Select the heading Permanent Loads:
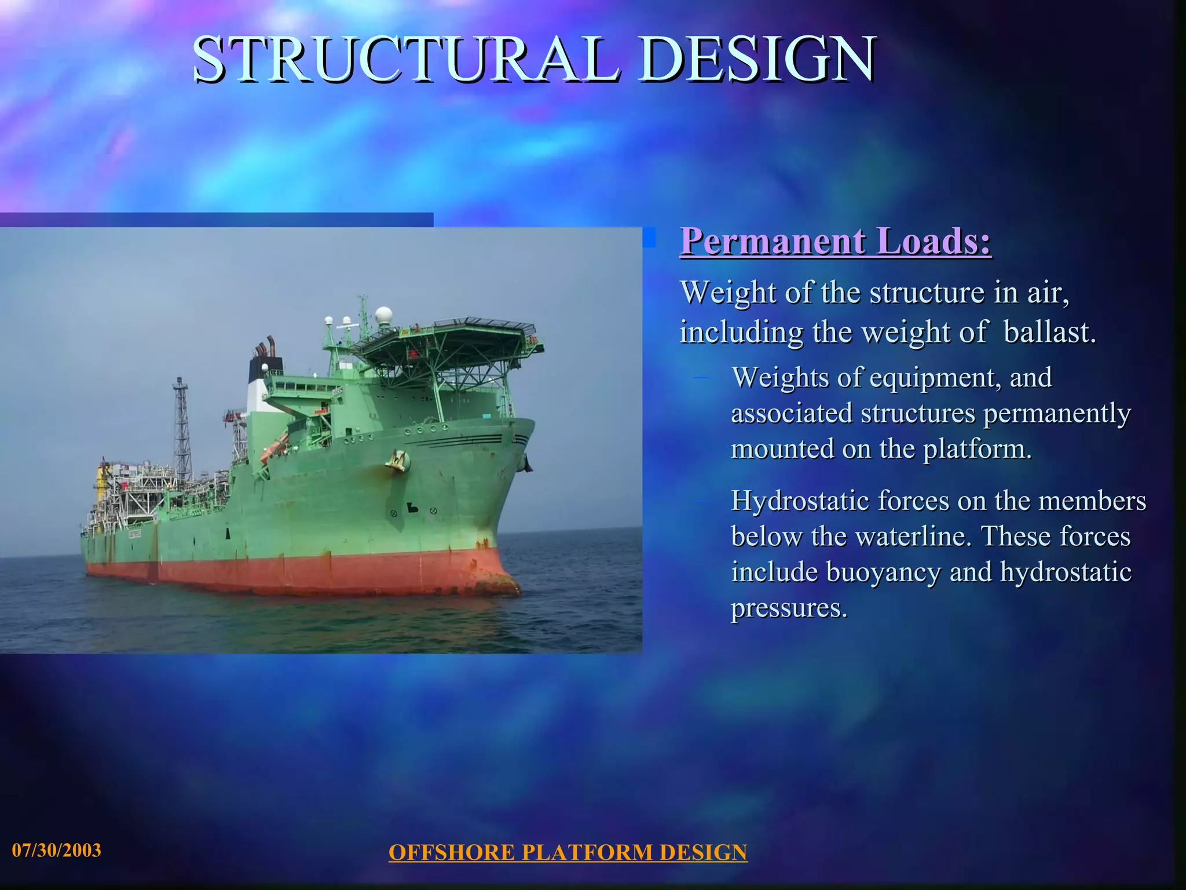click(x=836, y=241)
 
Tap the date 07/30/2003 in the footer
click(x=57, y=850)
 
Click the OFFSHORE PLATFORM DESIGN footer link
click(x=568, y=852)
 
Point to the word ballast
click(x=1049, y=332)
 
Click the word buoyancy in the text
click(x=883, y=572)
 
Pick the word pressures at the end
click(x=789, y=608)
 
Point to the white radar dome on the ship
click(x=383, y=316)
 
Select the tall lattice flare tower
click(x=182, y=426)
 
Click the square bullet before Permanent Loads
click(x=650, y=238)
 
